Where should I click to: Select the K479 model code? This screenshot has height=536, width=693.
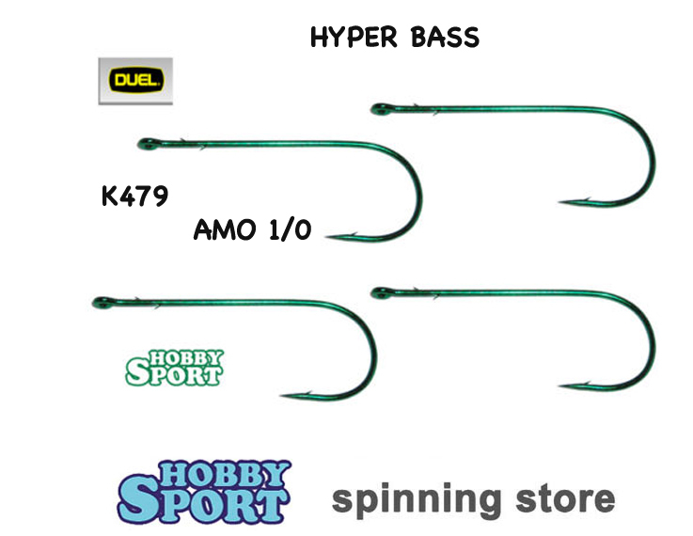pos(134,197)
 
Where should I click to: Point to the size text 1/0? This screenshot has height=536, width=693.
pos(288,231)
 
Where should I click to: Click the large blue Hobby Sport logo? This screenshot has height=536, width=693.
pos(204,492)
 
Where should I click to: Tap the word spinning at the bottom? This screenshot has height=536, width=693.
pos(422,498)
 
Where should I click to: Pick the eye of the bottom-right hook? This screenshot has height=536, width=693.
pos(377,290)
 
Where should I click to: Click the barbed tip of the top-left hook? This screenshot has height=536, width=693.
pos(330,238)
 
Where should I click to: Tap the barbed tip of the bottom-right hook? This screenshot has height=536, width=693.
pos(562,384)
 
